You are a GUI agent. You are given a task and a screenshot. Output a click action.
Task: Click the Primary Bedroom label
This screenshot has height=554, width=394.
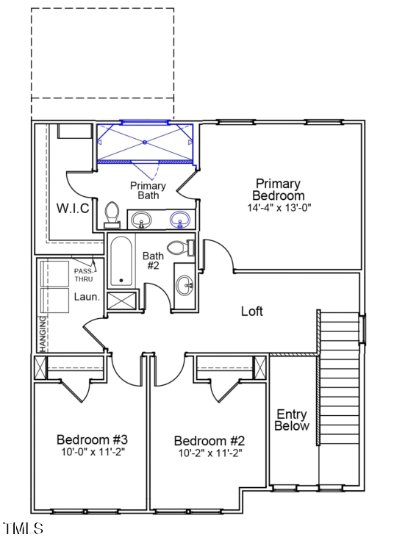(278, 190)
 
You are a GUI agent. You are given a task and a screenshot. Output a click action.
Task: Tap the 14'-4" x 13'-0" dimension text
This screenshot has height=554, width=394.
(279, 208)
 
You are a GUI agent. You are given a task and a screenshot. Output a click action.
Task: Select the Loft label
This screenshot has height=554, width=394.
(252, 312)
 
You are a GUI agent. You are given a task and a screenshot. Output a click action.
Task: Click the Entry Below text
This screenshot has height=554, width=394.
(292, 420)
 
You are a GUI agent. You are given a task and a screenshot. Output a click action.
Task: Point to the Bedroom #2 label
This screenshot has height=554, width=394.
(209, 441)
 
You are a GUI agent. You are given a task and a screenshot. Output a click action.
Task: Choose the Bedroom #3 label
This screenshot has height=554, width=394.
(93, 439)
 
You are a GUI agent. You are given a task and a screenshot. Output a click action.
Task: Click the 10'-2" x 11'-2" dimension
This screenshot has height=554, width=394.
(209, 453)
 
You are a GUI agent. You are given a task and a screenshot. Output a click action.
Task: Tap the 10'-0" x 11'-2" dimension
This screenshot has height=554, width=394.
(93, 452)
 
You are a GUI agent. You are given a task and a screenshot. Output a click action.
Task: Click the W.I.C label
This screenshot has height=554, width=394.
(74, 208)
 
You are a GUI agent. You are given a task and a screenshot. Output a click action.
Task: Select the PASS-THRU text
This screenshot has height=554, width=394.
(84, 275)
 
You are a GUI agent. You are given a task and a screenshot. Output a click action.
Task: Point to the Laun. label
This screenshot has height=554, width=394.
(85, 297)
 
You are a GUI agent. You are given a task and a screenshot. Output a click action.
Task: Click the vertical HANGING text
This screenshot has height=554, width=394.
(43, 333)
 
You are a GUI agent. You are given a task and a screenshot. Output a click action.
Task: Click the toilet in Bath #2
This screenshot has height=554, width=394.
(179, 248)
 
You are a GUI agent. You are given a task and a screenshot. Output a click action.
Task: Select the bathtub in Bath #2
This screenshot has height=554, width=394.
(121, 262)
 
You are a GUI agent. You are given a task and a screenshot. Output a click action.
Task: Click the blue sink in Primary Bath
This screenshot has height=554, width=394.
(180, 219)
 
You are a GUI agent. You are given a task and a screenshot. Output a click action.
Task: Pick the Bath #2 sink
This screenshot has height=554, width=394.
(185, 285)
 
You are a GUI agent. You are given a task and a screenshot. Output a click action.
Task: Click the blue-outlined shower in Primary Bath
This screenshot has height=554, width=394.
(145, 141)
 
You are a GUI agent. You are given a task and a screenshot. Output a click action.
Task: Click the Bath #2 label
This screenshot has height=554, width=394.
(152, 261)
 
